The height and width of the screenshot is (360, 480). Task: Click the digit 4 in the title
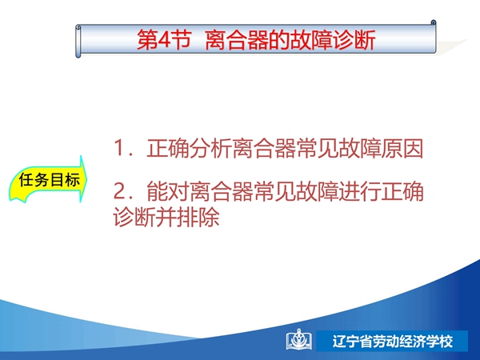[163, 40]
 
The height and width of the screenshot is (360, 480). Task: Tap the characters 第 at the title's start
[146, 40]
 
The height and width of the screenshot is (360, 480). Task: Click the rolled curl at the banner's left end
[78, 42]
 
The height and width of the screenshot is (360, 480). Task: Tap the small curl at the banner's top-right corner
[434, 22]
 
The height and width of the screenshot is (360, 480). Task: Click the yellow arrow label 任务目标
[49, 180]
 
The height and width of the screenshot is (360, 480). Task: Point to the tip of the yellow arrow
[87, 178]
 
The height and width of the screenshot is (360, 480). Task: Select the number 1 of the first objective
[118, 148]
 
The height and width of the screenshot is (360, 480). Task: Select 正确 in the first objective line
[167, 149]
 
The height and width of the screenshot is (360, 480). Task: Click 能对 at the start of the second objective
[167, 191]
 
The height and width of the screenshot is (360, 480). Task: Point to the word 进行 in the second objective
[359, 191]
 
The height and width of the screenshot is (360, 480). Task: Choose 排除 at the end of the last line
[198, 217]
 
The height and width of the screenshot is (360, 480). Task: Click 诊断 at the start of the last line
[134, 217]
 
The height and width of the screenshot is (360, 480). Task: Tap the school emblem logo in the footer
[299, 340]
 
